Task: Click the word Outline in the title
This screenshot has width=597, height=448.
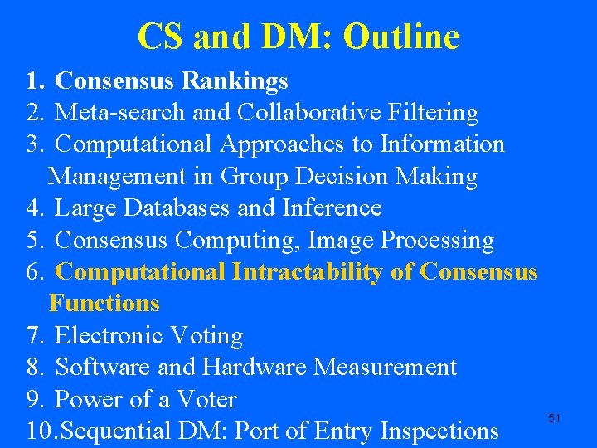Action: (x=400, y=37)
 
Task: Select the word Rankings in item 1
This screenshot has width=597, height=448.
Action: (x=235, y=80)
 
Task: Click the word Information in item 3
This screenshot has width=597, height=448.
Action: (x=442, y=144)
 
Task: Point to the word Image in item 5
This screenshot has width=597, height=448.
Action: (x=342, y=241)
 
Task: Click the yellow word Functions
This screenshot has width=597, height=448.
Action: (x=104, y=304)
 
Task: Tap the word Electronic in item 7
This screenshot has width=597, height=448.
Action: (x=109, y=336)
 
